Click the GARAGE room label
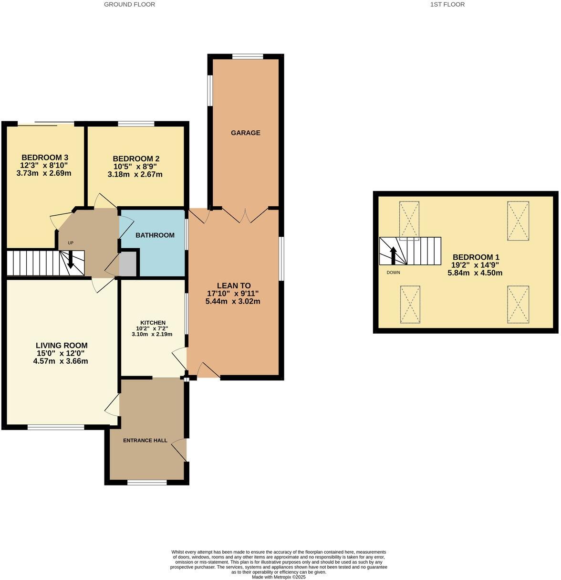[x=246, y=133]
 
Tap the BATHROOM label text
[x=155, y=235]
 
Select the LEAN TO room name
[x=233, y=285]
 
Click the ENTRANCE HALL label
[x=145, y=440]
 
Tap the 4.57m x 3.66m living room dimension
[x=61, y=361]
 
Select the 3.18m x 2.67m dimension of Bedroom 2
[x=135, y=175]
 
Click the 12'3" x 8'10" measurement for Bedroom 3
[x=44, y=166]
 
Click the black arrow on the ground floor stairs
[x=70, y=260]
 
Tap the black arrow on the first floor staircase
[x=394, y=255]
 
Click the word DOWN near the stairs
[x=394, y=273]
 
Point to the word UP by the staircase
[x=71, y=243]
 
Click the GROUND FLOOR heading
[x=129, y=4]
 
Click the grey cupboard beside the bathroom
[x=127, y=264]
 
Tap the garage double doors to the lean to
[x=245, y=216]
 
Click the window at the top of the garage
[x=248, y=57]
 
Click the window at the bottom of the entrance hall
[x=147, y=483]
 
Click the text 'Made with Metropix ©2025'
[x=279, y=577]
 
